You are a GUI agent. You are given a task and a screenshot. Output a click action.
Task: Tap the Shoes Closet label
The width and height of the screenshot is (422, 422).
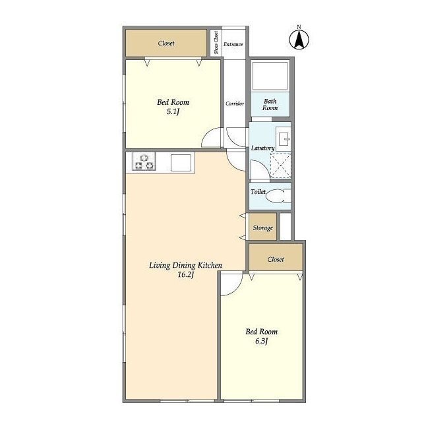point(216,42)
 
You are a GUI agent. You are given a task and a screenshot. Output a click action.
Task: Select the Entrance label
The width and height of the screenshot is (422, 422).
point(233,44)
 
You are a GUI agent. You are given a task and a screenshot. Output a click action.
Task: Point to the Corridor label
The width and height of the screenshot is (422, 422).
point(235,104)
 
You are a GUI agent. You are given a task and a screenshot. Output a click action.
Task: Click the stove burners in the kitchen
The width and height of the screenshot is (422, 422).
point(144,162)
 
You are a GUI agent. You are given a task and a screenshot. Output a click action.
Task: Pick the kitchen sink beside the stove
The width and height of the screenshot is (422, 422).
point(181,163)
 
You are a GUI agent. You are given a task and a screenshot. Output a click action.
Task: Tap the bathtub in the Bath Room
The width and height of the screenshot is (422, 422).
point(270,75)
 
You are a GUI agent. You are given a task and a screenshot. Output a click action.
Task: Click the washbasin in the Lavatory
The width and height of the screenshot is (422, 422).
point(284,139)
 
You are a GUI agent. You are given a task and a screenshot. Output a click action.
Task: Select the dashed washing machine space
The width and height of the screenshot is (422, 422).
point(281,166)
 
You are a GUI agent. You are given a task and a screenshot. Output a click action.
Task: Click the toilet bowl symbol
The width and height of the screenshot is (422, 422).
point(278,196)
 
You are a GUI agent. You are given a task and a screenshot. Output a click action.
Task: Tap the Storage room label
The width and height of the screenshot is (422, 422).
point(262,228)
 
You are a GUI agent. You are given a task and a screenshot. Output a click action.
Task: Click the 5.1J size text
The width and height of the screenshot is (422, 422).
point(173,111)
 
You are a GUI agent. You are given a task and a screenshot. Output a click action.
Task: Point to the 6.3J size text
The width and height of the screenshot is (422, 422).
point(261,342)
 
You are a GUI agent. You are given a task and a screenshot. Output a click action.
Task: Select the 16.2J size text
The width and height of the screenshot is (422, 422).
point(186,275)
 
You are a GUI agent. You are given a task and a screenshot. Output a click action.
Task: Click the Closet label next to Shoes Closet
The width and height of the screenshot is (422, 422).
point(166,44)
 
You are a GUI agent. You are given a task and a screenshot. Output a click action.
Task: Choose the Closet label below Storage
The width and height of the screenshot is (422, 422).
point(276,259)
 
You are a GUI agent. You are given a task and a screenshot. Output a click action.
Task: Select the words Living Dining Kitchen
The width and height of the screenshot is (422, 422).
point(186,266)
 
